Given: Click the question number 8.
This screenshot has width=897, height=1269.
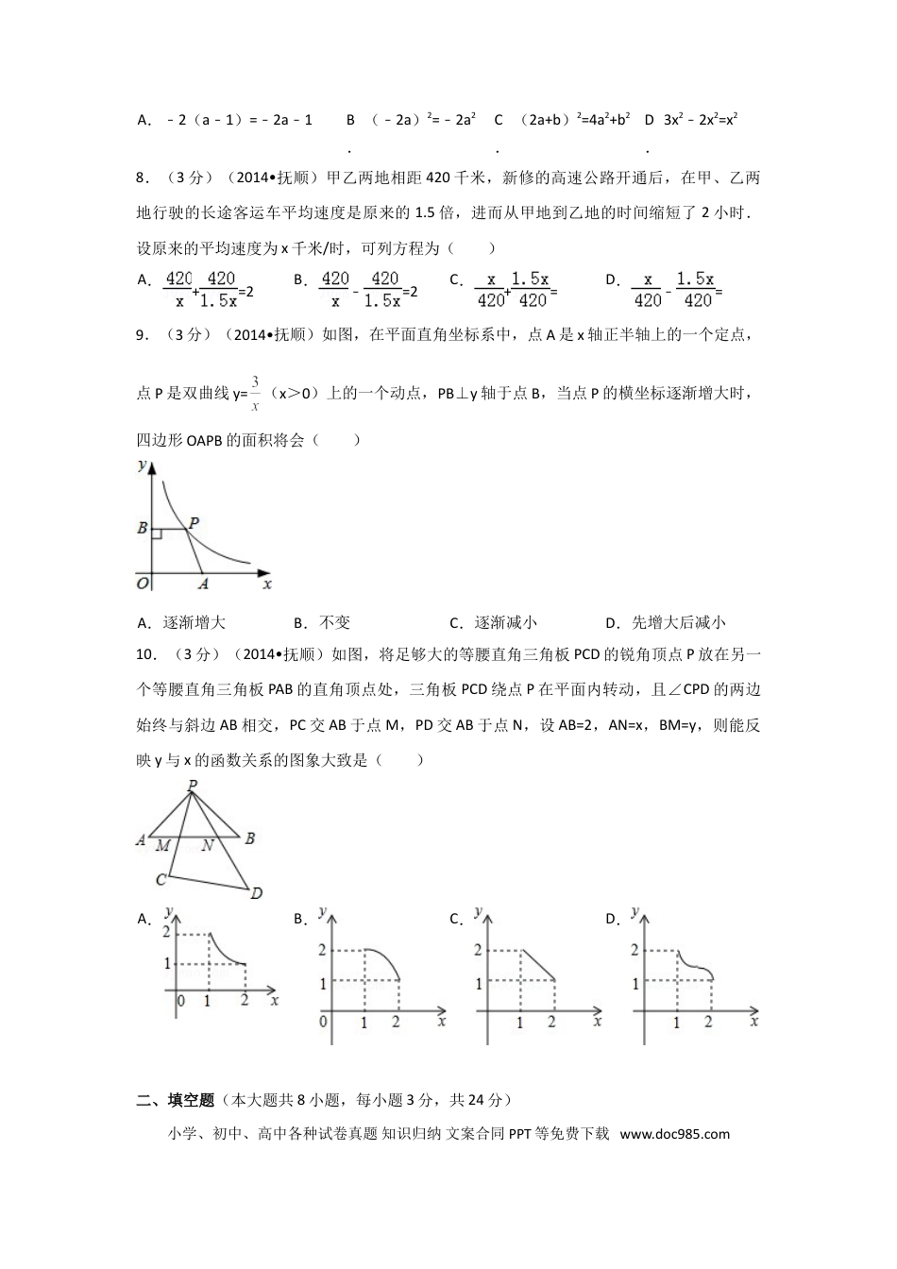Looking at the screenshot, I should coord(142,178).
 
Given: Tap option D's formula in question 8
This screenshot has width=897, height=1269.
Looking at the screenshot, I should coord(677,289).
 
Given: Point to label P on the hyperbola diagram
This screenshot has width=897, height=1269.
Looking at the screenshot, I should coord(194,522).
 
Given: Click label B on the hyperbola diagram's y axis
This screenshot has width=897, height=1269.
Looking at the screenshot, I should coord(143,529).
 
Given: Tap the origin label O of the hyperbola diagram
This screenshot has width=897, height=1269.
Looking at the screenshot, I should coord(143,584).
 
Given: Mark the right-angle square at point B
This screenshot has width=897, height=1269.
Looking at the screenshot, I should coord(157,534).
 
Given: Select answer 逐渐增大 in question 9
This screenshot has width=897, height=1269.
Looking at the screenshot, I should coord(194,622).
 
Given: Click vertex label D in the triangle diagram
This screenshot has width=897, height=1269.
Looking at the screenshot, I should coord(256,893).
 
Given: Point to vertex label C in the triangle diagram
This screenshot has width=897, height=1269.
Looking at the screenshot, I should coord(161,880).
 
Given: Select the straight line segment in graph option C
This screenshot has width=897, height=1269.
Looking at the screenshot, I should coord(535,966).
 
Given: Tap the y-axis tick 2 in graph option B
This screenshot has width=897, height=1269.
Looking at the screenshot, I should coord(321,950).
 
